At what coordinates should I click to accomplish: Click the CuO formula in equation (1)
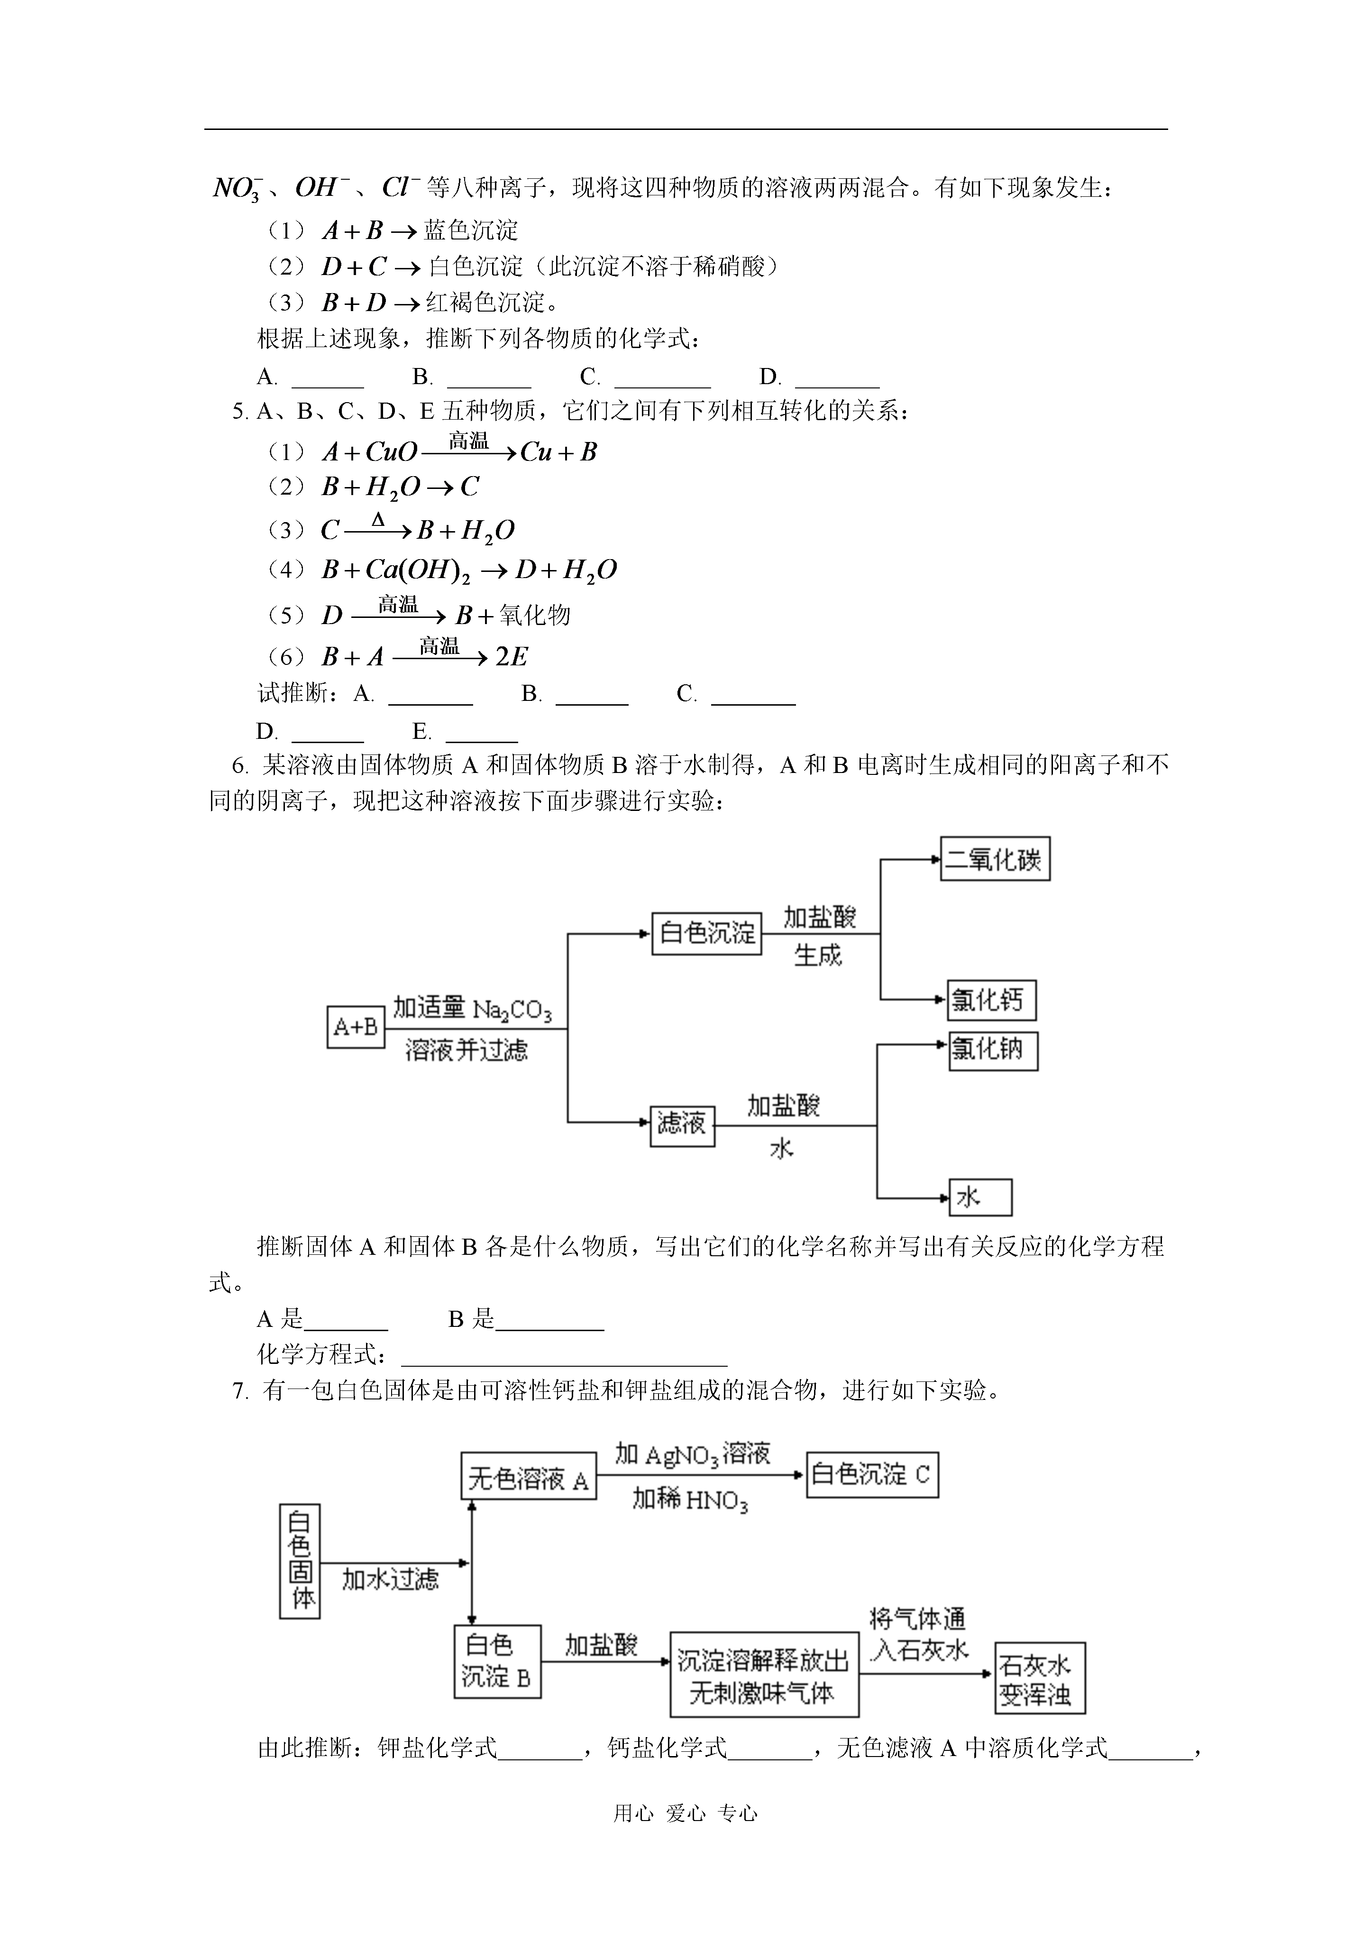click(x=392, y=452)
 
